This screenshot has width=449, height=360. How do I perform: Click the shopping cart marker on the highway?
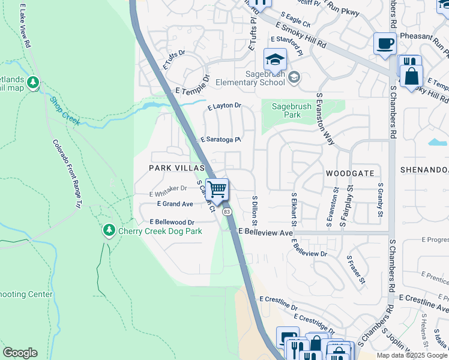coord(217,189)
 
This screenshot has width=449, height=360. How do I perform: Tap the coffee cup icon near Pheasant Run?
coord(385,43)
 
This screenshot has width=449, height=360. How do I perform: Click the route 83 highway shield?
coord(227,212)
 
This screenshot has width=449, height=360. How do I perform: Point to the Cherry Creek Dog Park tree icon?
coord(109,230)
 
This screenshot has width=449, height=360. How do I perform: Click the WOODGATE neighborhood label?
coord(350,173)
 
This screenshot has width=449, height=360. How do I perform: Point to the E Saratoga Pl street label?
coord(221,139)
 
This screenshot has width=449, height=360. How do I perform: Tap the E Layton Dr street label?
coord(224,106)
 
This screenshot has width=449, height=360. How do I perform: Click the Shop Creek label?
coord(64,111)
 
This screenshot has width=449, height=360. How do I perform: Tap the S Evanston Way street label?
coord(325,119)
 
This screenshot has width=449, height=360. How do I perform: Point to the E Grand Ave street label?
coord(171,204)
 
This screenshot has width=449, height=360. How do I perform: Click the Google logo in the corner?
coord(20,353)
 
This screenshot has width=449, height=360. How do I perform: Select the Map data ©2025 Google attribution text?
coord(412,355)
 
